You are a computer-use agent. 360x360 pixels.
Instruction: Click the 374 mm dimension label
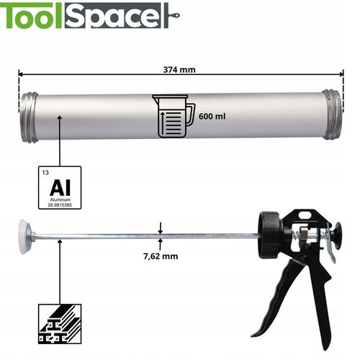[x=179, y=70]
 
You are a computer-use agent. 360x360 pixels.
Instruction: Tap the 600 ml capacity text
[x=212, y=117]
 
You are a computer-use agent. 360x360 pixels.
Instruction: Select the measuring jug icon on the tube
[x=174, y=117]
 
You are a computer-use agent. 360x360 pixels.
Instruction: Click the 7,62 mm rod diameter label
[x=161, y=256]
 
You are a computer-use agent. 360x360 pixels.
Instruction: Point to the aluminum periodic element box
[x=60, y=187]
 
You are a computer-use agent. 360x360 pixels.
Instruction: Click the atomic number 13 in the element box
[x=45, y=173]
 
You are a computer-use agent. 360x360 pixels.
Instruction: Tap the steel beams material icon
[x=60, y=324]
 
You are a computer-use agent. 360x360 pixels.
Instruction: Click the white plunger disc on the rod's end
[x=24, y=236]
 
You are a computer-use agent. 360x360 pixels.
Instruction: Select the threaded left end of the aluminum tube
[x=29, y=117]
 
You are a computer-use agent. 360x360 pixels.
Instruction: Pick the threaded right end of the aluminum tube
[x=332, y=114]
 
